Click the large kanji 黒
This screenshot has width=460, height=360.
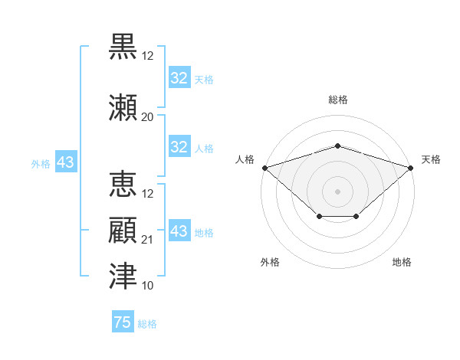click(x=123, y=46)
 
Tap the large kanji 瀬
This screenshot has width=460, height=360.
click(x=123, y=107)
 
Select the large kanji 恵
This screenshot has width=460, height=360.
click(x=123, y=184)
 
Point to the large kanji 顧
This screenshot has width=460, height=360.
click(x=123, y=230)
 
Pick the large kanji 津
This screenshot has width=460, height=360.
click(x=123, y=276)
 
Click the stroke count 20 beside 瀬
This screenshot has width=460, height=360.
click(x=147, y=117)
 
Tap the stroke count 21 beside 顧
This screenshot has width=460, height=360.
click(x=147, y=240)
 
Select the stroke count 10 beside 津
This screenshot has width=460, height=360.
click(x=147, y=286)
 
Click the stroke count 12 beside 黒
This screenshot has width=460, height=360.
click(x=147, y=56)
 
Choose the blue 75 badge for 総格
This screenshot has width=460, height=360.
click(x=123, y=321)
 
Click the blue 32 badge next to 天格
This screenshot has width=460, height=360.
click(x=179, y=77)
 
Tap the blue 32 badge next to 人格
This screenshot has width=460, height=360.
click(x=179, y=146)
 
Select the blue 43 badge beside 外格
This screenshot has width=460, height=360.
click(x=66, y=162)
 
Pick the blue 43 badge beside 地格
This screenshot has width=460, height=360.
click(x=179, y=230)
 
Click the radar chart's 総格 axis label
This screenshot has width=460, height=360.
click(x=338, y=100)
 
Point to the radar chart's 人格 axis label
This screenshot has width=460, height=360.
click(x=245, y=159)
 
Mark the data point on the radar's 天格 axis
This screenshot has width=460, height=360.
click(x=411, y=168)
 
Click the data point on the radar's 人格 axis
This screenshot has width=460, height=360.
click(x=265, y=168)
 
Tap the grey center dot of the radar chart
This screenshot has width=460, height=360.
click(x=337, y=191)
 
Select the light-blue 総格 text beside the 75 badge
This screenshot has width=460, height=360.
click(x=147, y=324)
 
